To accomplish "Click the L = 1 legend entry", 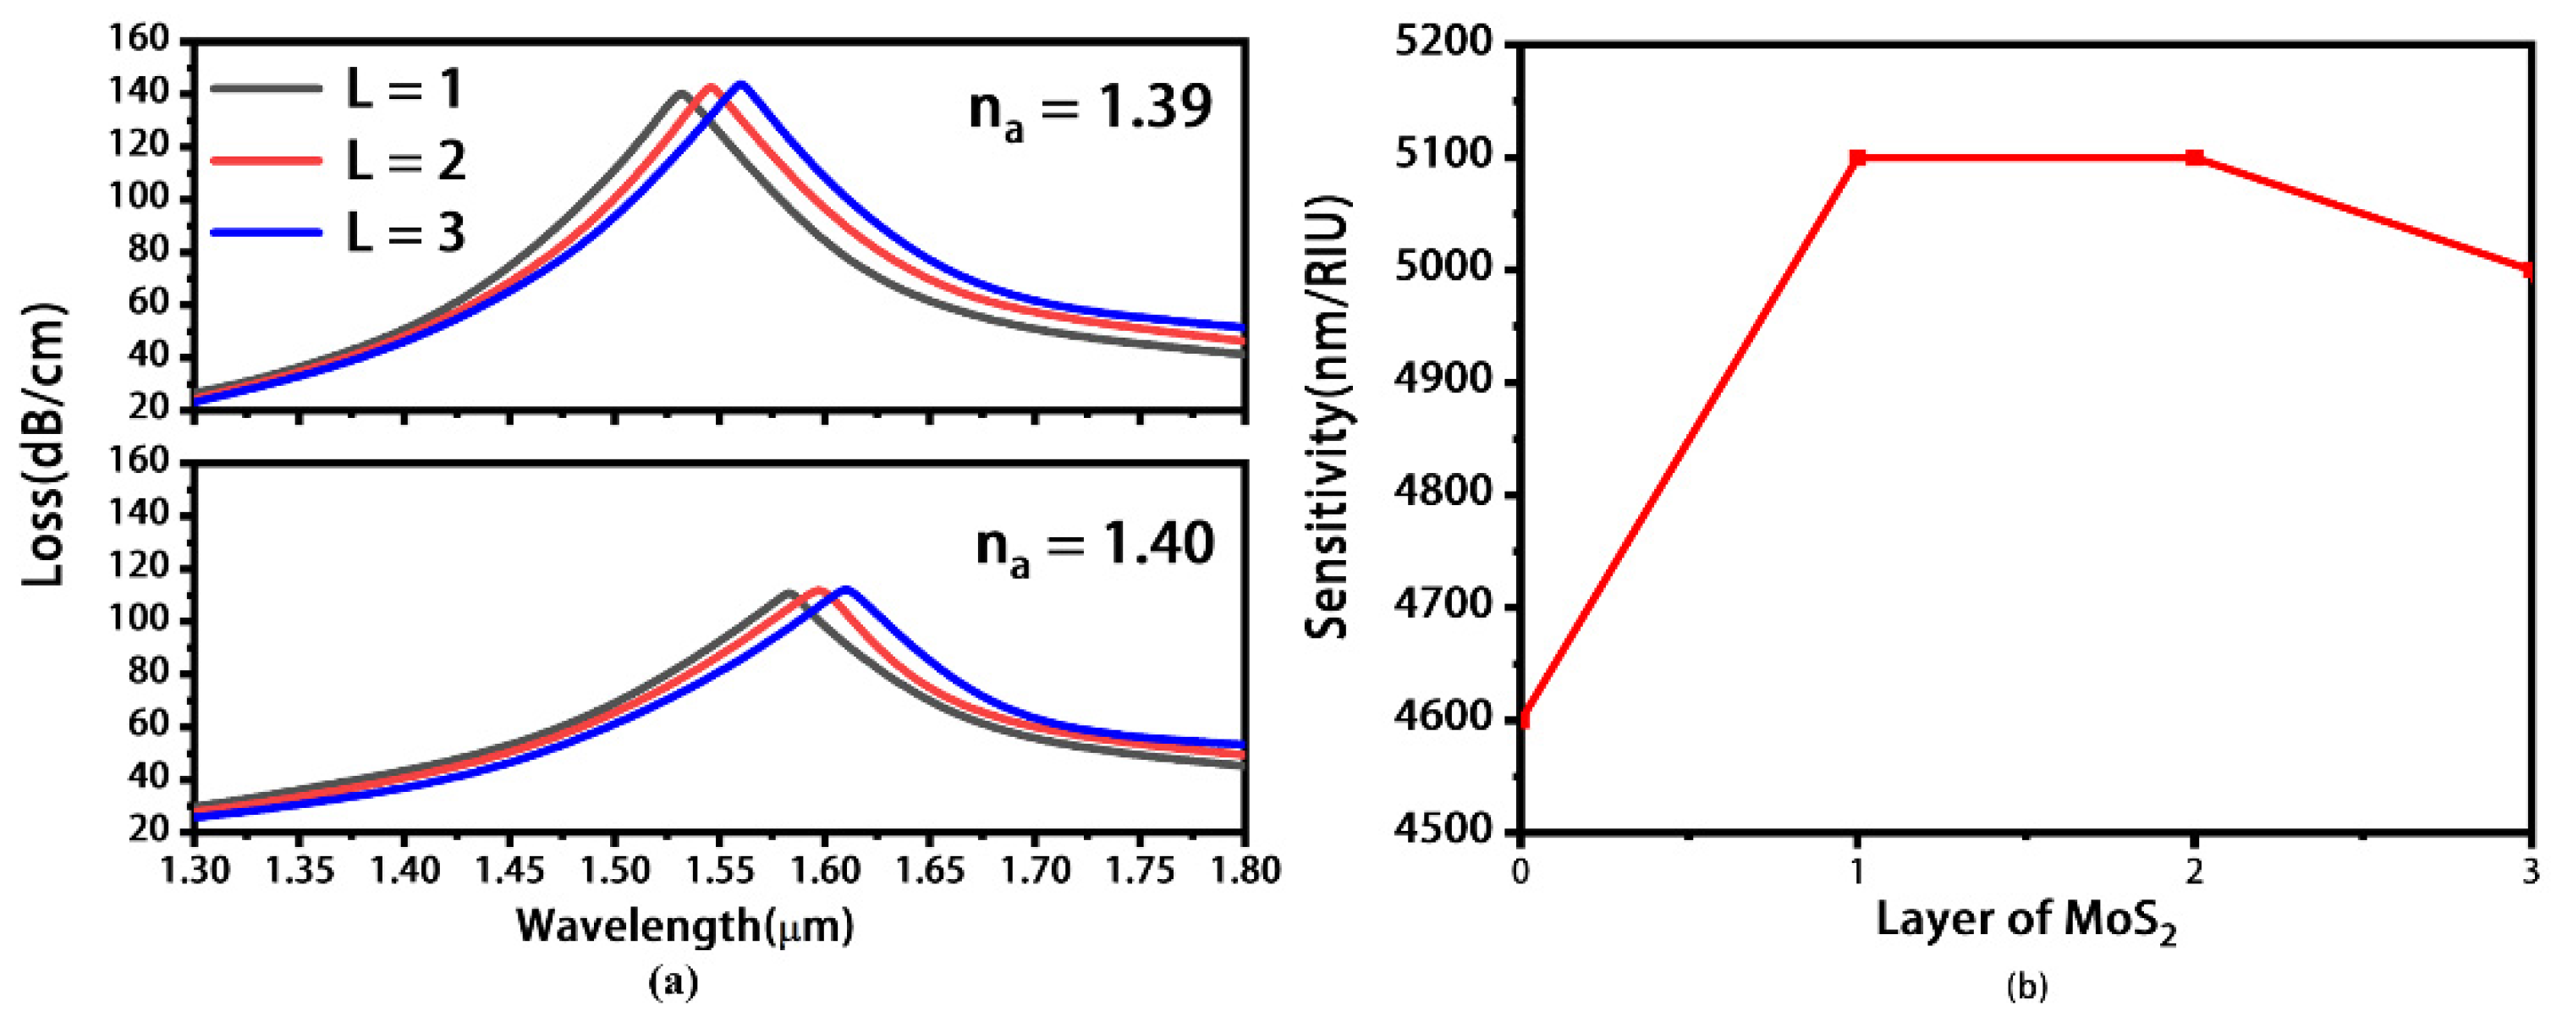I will tap(337, 88).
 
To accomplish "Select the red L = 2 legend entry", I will tap(337, 161).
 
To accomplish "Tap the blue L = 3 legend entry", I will tap(337, 233).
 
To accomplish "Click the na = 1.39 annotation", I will tap(1089, 108).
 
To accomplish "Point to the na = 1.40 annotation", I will tap(1094, 545).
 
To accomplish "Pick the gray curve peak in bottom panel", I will tap(789, 594).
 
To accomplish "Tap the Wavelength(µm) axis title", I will tap(684, 926).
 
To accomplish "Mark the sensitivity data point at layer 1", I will tap(1858, 157).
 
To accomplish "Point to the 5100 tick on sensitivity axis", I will tap(1454, 157).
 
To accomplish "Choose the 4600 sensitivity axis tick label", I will tap(1454, 718).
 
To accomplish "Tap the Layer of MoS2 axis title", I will tap(2026, 921).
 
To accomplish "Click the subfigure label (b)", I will tap(2026, 987).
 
